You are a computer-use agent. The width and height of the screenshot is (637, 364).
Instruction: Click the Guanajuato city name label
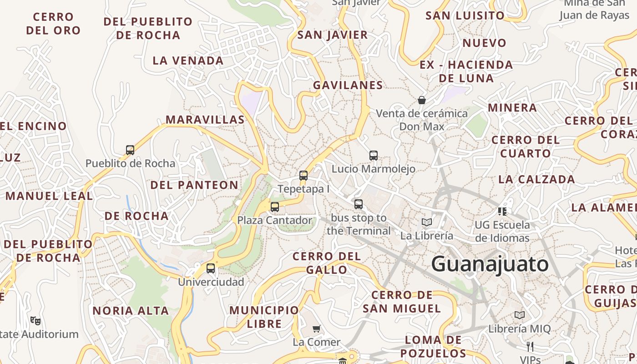(490, 264)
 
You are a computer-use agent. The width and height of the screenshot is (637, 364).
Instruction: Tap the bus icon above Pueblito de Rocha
(130, 150)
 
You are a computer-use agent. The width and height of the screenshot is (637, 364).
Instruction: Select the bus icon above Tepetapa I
(303, 175)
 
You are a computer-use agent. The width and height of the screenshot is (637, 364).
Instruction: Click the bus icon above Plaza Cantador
(275, 207)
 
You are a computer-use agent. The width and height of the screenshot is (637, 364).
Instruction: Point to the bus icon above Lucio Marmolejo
(374, 156)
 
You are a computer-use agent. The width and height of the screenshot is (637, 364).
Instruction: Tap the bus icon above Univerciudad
(211, 268)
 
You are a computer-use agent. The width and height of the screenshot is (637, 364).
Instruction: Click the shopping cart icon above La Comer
(317, 329)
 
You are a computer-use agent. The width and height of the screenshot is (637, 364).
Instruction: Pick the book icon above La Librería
(426, 222)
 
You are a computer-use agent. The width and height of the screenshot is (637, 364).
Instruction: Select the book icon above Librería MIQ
(520, 315)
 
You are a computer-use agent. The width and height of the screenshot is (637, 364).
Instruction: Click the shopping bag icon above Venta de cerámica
(422, 100)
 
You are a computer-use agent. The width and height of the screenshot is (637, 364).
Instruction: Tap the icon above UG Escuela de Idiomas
(502, 211)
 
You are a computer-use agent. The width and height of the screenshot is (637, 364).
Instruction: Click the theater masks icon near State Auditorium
(35, 320)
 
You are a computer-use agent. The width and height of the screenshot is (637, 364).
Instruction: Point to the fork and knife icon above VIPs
(530, 347)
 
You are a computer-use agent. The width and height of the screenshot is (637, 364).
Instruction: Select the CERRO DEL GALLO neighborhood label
(327, 263)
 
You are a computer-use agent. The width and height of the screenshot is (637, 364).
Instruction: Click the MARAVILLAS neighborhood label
(205, 120)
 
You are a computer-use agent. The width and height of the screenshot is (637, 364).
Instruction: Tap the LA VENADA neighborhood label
(188, 61)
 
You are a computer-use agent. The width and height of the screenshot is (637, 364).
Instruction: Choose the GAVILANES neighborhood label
(348, 85)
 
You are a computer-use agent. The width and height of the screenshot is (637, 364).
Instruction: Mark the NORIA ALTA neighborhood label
(131, 311)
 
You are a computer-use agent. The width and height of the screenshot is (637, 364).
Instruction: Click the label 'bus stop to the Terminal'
(359, 224)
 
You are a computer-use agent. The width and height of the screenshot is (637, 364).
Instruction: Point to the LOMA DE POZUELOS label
(433, 347)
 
